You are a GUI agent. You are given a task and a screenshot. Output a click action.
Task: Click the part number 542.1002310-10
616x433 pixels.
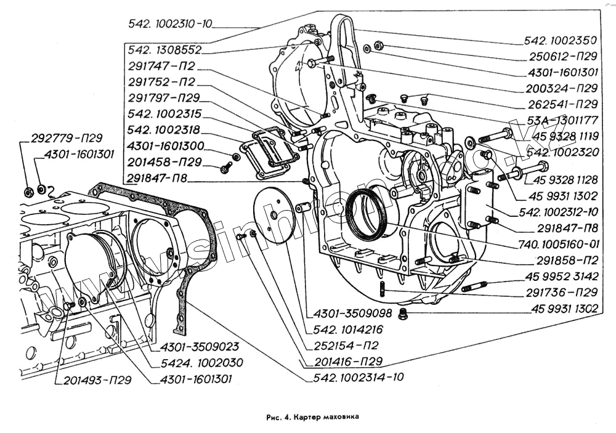(x=170, y=24)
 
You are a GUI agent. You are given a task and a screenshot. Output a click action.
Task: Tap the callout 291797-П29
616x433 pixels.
(x=164, y=98)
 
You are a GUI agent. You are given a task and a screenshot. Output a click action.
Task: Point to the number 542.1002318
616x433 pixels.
(x=164, y=131)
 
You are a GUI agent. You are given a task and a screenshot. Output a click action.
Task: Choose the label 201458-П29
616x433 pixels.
(x=164, y=163)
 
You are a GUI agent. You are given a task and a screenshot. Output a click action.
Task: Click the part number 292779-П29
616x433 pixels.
(x=66, y=138)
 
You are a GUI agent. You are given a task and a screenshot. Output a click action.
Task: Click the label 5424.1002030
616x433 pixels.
(x=198, y=362)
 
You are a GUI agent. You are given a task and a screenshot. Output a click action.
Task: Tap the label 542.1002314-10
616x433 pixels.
(x=359, y=376)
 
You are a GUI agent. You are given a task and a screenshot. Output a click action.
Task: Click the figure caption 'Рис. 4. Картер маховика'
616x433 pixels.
(x=312, y=416)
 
